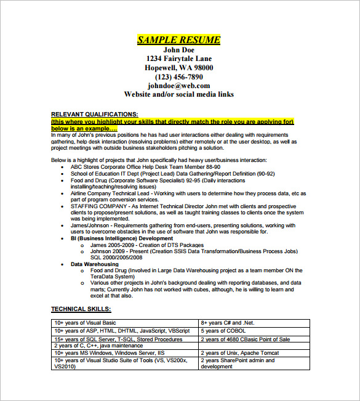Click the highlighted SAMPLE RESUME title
pyautogui.click(x=178, y=40)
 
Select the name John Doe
pyautogui.click(x=178, y=50)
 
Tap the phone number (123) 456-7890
pyautogui.click(x=178, y=77)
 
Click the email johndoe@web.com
pyautogui.click(x=178, y=86)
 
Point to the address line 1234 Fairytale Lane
pyautogui.click(x=178, y=59)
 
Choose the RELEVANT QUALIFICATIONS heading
pyautogui.click(x=94, y=114)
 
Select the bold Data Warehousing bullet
pyautogui.click(x=95, y=264)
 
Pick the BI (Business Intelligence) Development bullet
pyautogui.click(x=122, y=238)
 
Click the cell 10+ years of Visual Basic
pyautogui.click(x=85, y=322)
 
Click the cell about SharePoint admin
pyautogui.click(x=237, y=363)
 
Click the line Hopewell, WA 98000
pyautogui.click(x=178, y=68)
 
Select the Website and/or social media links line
pyautogui.click(x=178, y=95)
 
